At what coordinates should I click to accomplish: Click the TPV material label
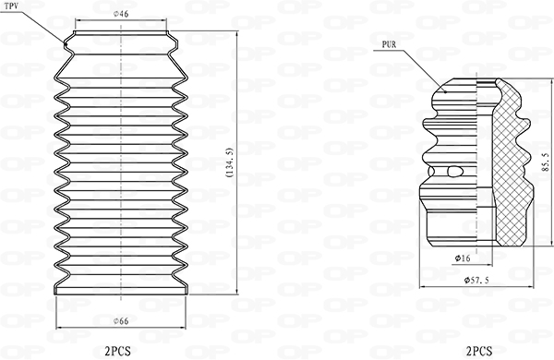pos(11,6)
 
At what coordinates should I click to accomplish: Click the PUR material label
pos(389,44)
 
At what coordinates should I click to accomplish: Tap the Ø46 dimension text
pos(121,14)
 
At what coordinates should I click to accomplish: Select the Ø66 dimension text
pos(121,321)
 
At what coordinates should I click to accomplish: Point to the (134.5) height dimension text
pos(229,162)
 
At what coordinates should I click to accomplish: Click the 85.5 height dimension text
pos(545,162)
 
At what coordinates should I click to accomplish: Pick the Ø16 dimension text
pos(463,258)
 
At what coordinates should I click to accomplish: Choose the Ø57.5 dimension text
pos(476,281)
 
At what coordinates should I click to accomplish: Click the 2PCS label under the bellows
pos(117,351)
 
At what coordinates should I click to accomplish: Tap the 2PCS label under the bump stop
pos(479,351)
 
